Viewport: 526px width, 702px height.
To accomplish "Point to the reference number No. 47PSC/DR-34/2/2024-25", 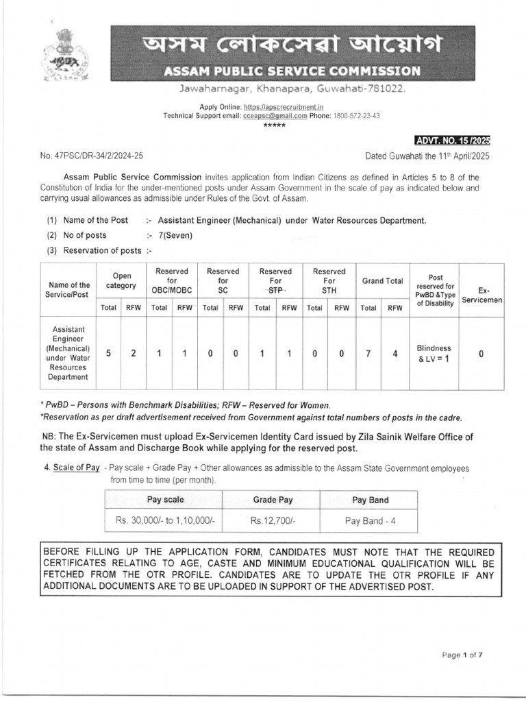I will click(x=92, y=156).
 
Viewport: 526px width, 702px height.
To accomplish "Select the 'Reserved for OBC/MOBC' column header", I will click(x=172, y=280).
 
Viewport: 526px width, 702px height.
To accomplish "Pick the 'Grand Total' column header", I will click(x=382, y=280).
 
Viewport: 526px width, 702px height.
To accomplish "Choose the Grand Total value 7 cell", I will click(x=369, y=354).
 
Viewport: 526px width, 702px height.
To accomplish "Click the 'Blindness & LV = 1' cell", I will click(x=434, y=353).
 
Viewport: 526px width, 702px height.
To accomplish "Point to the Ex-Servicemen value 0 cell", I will click(x=481, y=354).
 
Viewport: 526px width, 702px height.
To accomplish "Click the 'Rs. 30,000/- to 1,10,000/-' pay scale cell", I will click(x=166, y=520).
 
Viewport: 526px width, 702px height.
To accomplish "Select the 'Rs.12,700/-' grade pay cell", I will click(x=273, y=520).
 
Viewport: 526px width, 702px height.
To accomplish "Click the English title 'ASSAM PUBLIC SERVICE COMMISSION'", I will click(x=292, y=71).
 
